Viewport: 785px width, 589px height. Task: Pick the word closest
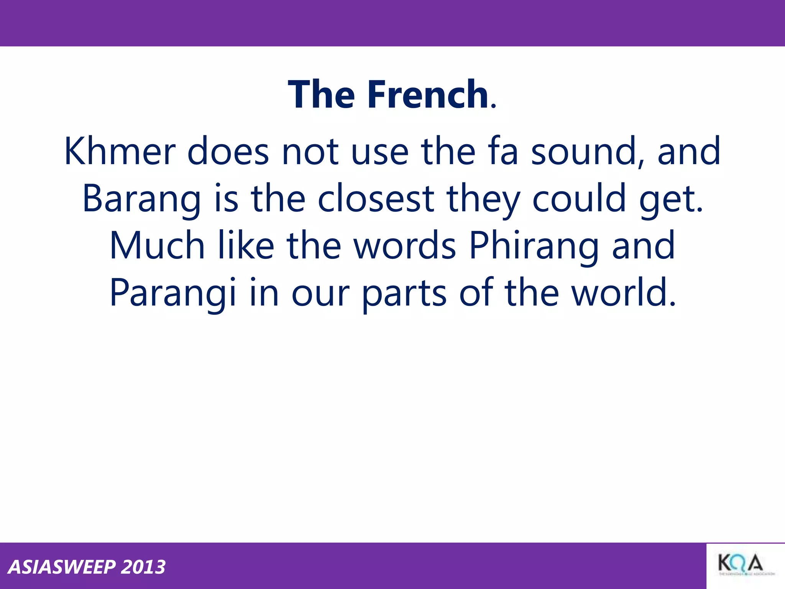376,199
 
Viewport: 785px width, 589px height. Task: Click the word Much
157,246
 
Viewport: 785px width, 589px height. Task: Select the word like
246,246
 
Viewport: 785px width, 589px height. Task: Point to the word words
405,246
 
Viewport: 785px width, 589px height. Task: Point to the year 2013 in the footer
143,567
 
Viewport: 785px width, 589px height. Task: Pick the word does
228,152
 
